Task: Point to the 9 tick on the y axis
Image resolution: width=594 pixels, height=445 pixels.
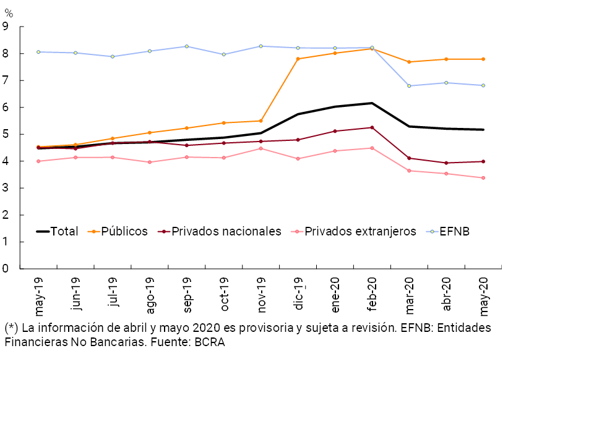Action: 5,27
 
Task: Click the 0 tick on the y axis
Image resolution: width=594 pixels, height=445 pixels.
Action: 5,269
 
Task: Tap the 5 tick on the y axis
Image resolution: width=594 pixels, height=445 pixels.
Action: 5,134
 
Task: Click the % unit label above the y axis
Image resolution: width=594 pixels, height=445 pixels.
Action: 9,13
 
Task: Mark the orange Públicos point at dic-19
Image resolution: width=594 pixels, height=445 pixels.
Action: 298,59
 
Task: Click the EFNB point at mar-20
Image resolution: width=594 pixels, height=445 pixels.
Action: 409,86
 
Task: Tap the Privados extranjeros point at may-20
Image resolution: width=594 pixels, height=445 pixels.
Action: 483,178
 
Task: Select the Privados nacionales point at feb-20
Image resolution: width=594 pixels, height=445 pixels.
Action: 372,127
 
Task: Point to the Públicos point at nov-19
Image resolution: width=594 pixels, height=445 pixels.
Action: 260,121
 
